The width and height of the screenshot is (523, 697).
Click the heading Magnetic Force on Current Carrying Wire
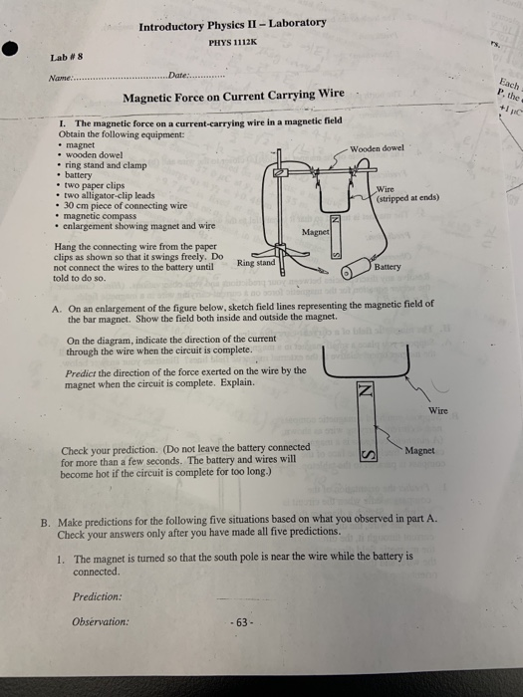click(x=233, y=97)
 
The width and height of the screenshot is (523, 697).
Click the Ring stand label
click(x=255, y=263)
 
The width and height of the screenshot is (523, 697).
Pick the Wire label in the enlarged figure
click(x=437, y=410)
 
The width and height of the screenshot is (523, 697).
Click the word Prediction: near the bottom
click(x=97, y=596)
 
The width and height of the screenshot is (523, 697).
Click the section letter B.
click(x=45, y=521)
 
